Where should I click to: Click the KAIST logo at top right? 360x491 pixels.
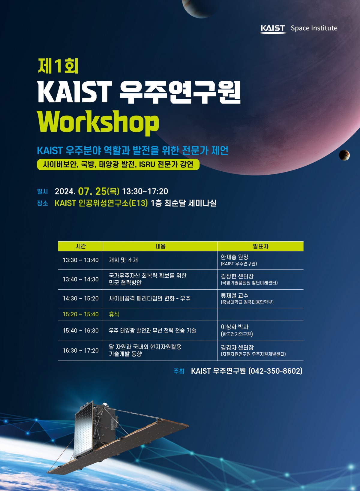coord(273,29)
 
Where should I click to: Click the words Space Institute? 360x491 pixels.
coord(314,28)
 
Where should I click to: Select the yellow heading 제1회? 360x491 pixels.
coord(58,66)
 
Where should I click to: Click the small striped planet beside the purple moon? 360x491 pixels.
coord(344,155)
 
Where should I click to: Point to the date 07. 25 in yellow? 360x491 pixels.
coord(92,191)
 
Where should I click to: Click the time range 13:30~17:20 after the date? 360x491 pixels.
coord(145,191)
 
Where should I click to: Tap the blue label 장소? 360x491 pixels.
coord(43,203)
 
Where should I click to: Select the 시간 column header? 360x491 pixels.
coord(80,246)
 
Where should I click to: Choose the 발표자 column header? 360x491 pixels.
coord(260,246)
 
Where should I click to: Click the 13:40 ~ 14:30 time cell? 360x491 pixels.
coord(81,279)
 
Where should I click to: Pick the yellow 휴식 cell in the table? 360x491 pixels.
coord(114,314)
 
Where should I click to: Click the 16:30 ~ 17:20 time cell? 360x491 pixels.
coord(81,351)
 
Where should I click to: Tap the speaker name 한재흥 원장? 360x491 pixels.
coord(234,257)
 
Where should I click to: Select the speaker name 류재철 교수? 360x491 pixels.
coord(234,296)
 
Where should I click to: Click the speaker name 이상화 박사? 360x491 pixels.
coord(234,327)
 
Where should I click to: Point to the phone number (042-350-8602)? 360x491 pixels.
coord(275,371)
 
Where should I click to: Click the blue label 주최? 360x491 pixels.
coord(179,371)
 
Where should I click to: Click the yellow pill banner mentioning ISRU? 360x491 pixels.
coord(118,164)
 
